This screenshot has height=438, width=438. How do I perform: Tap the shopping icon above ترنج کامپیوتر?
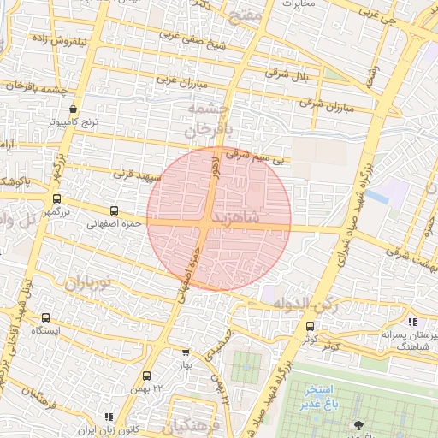[x=73, y=109]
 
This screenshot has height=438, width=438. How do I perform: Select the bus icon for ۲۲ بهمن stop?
[x=147, y=375]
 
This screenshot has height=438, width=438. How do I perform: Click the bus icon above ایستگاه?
[x=45, y=317]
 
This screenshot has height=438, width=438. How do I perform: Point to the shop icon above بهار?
[x=186, y=352]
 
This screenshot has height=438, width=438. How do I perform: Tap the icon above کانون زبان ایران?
[x=108, y=417]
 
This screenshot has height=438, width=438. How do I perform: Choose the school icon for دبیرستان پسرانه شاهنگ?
[x=412, y=323]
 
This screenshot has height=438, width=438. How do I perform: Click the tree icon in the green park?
[x=358, y=425]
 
